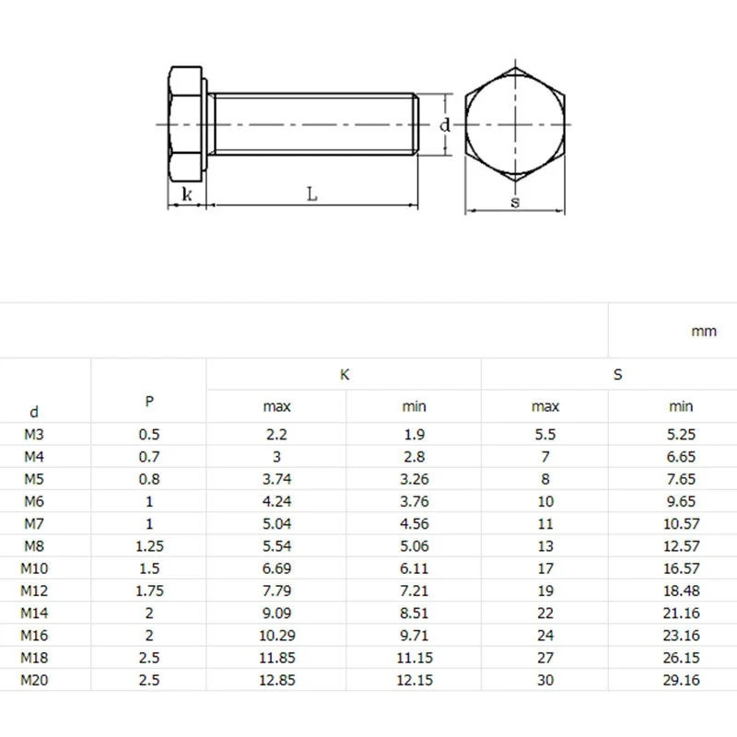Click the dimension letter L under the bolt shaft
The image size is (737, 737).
pos(312,193)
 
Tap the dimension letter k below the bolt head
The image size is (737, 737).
pos(187,193)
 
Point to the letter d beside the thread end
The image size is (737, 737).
pos(445,124)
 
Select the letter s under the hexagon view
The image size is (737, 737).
pos(516,202)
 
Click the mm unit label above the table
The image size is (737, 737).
pos(704,332)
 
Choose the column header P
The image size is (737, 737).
pos(149,402)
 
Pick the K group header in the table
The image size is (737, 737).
pos(345,375)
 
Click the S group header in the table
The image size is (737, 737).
pos(617,375)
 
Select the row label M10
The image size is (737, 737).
pos(34,568)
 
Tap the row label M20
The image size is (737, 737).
pos(34,680)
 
